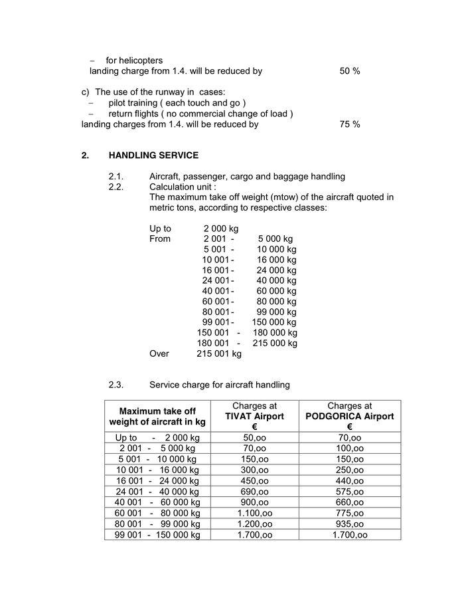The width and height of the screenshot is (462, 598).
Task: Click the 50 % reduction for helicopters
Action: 350,71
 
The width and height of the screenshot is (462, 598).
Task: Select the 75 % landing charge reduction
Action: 350,124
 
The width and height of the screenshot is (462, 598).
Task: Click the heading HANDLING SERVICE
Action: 153,155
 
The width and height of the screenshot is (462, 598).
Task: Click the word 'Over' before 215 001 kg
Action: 159,354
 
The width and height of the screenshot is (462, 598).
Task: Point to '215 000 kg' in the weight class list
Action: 275,344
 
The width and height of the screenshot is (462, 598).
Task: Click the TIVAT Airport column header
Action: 254,417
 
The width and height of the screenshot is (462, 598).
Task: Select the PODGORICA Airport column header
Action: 350,417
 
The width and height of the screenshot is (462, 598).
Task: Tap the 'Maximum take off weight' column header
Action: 157,417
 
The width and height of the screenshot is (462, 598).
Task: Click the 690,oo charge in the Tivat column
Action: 254,492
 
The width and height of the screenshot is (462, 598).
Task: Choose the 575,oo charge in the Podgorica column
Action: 350,492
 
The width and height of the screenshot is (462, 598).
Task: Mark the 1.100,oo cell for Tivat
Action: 254,513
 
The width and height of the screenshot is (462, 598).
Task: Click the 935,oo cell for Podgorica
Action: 350,524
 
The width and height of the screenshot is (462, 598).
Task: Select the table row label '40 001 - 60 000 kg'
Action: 157,502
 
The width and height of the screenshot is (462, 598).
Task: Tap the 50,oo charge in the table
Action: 254,438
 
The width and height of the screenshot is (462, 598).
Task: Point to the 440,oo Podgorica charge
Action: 350,480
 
